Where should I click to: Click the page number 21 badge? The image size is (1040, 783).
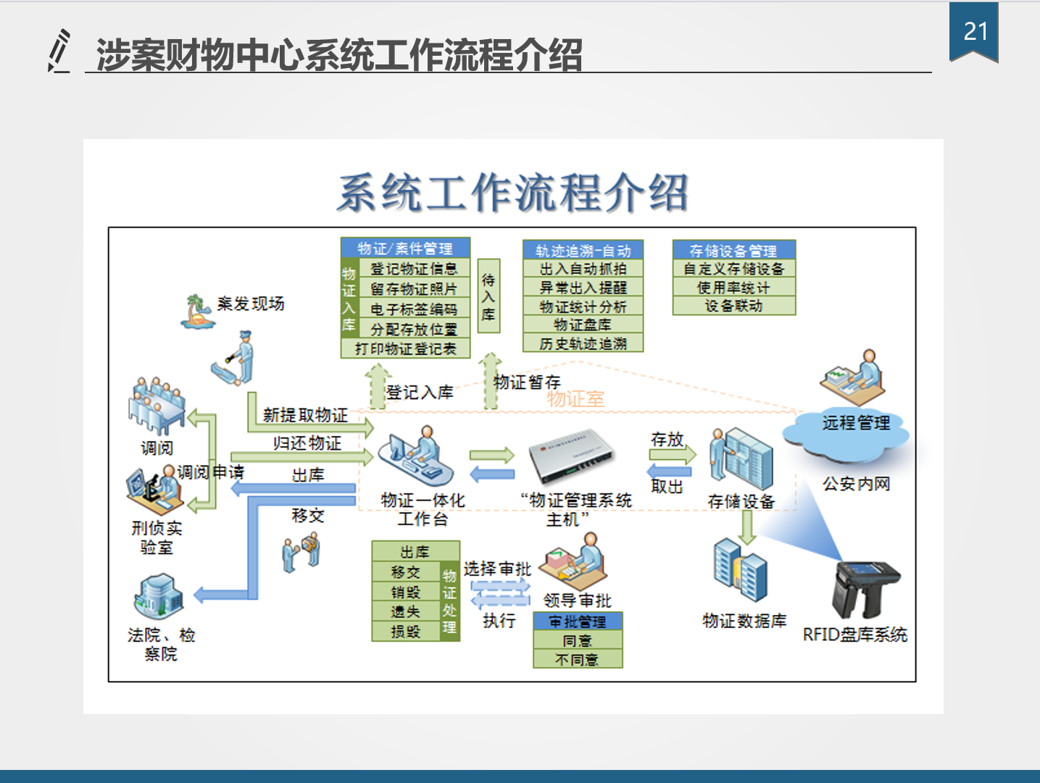[x=975, y=32]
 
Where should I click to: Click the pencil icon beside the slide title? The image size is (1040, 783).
[x=59, y=51]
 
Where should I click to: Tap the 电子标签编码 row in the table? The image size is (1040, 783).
[x=413, y=309]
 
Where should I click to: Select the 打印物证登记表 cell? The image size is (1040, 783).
[x=405, y=349]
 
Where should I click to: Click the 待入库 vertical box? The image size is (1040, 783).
[x=488, y=296]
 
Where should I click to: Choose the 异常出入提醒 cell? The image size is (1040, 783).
[x=583, y=288]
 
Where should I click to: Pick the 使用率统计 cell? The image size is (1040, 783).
[x=733, y=288]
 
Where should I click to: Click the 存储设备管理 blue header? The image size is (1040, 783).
[x=733, y=251]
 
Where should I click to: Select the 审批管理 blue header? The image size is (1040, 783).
[x=578, y=621]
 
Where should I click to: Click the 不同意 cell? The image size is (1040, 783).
[x=578, y=660]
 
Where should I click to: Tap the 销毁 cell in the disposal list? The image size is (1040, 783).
[x=406, y=593]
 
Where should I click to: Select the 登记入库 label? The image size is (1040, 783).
[x=420, y=393]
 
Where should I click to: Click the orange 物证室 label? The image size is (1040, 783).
[x=575, y=399]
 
